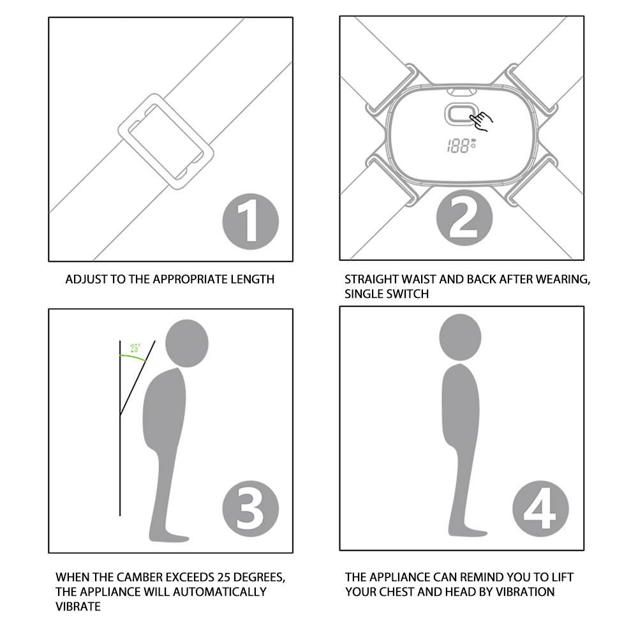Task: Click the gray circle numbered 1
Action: click(x=250, y=221)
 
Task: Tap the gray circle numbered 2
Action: click(x=464, y=218)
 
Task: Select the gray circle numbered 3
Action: click(x=250, y=508)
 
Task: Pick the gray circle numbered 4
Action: click(x=540, y=508)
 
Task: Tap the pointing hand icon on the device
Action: click(x=481, y=121)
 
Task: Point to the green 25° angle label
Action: click(x=135, y=348)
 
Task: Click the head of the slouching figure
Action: click(x=187, y=343)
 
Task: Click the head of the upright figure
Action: click(x=460, y=338)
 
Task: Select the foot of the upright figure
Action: click(x=468, y=531)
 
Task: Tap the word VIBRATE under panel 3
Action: click(x=78, y=607)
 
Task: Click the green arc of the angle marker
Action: click(x=133, y=356)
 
